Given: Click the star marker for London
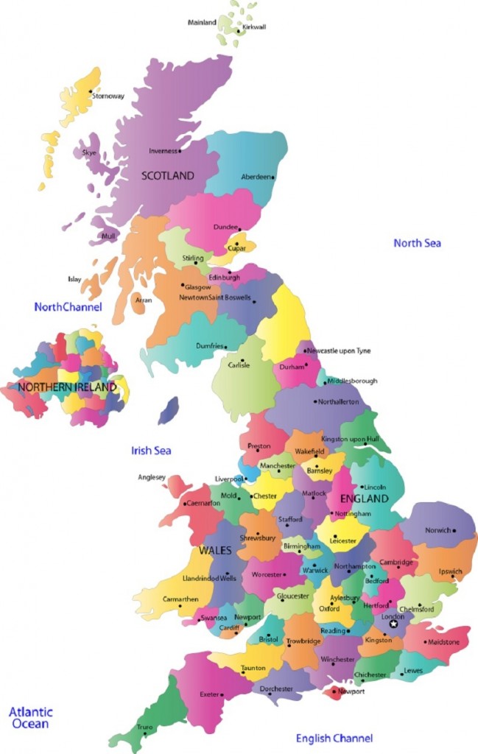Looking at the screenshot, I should [394, 624].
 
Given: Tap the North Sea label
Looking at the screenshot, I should [417, 243].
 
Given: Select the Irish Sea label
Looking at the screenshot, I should [151, 451].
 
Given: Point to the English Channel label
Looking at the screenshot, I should [334, 738].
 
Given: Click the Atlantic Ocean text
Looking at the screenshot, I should [30, 718].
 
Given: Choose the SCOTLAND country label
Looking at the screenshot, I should [168, 176].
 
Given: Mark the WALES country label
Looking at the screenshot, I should [215, 551].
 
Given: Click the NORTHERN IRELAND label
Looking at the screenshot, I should [67, 387].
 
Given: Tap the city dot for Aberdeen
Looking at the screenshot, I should [273, 177].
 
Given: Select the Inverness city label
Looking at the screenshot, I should [163, 151].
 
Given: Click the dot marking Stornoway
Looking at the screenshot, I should [91, 92].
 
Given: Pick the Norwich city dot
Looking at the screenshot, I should [454, 530].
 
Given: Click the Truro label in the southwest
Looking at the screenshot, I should [145, 727].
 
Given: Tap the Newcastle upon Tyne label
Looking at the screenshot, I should [340, 351].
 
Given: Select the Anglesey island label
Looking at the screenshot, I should [152, 477].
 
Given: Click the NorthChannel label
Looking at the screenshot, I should [68, 306].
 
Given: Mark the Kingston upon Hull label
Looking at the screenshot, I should [351, 440].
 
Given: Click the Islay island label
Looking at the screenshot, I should [74, 279].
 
